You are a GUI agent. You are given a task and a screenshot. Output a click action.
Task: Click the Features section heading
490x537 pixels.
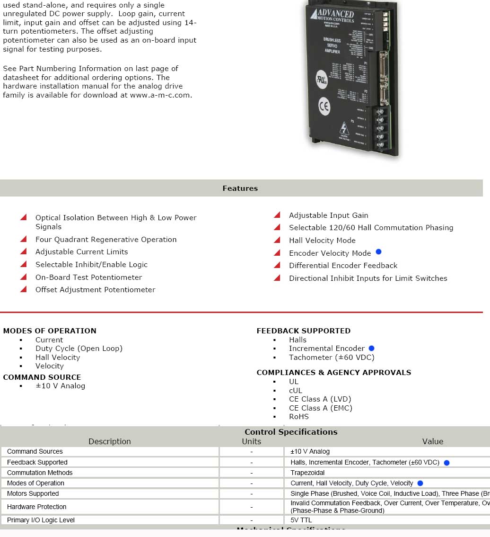point(240,188)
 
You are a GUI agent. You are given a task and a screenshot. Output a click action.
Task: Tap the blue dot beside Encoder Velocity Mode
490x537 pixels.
point(378,252)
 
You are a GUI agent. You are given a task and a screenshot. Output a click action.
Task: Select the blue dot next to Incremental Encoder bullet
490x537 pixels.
point(371,349)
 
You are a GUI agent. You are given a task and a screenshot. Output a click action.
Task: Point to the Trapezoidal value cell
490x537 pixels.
point(308,473)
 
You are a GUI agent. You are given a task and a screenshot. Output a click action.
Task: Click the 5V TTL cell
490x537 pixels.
point(301,520)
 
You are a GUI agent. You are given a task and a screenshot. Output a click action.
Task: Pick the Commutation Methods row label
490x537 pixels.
point(40,473)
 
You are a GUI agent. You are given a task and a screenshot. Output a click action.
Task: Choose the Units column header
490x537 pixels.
point(252,441)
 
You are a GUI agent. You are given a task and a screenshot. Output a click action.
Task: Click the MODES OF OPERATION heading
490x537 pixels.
point(50,331)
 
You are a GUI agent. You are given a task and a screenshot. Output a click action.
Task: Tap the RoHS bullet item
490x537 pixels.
point(299,417)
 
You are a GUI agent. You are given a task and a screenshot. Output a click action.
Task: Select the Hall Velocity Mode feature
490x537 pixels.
point(322,241)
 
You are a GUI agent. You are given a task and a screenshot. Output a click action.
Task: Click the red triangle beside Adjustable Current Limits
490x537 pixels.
point(23,251)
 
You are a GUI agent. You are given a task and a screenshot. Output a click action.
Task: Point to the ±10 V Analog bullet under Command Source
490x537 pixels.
point(61,386)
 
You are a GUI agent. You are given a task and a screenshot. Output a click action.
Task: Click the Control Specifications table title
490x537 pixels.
point(291,432)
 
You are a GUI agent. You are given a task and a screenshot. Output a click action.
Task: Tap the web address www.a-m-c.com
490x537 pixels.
point(161,95)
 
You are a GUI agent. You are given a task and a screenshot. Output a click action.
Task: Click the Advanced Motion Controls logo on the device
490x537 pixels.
point(332,16)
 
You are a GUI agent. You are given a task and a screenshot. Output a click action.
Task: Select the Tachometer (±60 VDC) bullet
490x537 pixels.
point(332,358)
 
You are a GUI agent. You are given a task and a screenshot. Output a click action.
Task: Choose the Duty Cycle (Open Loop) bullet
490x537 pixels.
point(79,349)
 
